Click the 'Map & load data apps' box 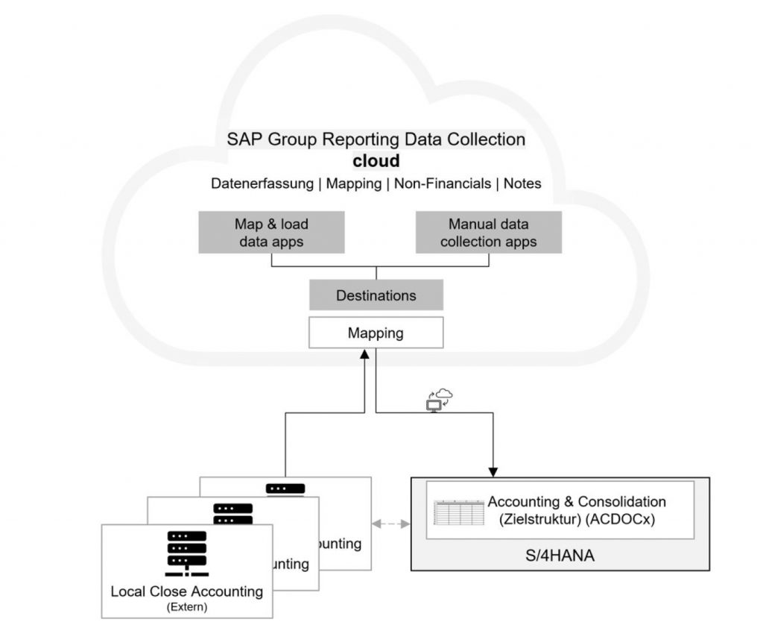tap(271, 233)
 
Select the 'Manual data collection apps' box tap(488, 233)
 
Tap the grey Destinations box tap(376, 295)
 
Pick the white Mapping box tap(376, 333)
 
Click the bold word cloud tap(376, 161)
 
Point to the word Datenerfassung tap(262, 183)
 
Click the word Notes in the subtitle tap(522, 183)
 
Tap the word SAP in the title tap(241, 139)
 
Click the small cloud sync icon tap(439, 400)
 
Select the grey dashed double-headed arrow tap(391, 524)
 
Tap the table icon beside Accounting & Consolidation tap(458, 512)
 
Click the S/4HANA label tap(560, 555)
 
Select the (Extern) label tap(187, 607)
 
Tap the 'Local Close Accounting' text tap(187, 591)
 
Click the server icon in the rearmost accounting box tap(285, 489)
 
